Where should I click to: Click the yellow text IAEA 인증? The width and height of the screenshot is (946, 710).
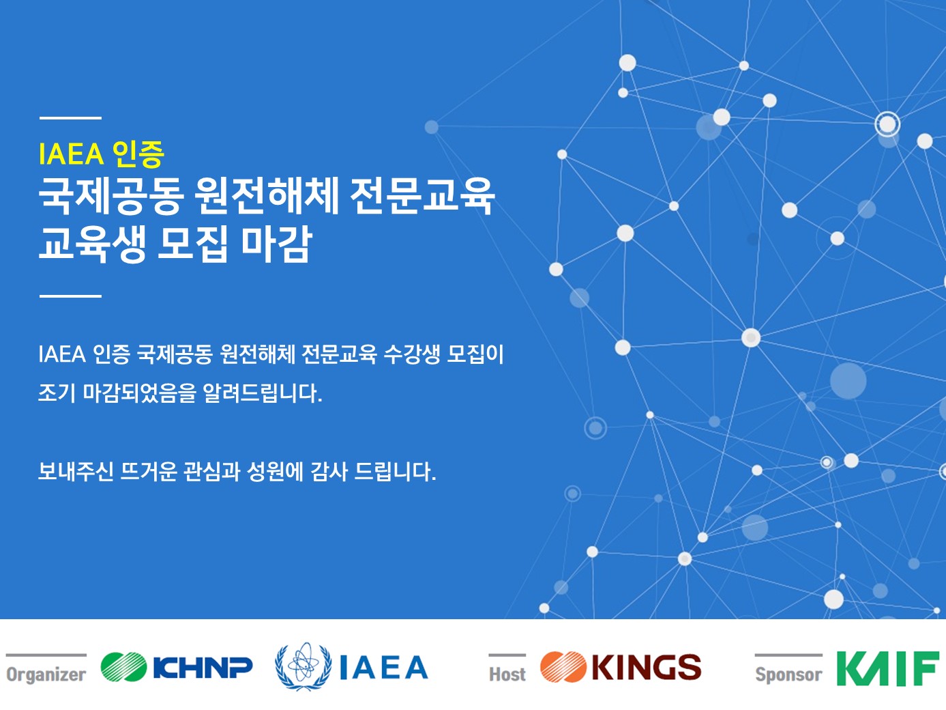tap(102, 154)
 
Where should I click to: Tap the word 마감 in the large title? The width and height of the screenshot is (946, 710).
tap(276, 244)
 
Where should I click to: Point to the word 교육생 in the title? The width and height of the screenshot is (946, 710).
tap(93, 244)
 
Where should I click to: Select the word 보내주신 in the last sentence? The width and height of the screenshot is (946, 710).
tap(76, 471)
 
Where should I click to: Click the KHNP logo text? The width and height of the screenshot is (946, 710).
tap(203, 668)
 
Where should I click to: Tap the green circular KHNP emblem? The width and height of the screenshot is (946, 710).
tap(123, 667)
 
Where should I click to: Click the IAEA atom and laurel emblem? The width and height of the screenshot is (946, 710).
tap(304, 666)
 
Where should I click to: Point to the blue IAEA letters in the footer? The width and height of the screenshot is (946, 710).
tap(383, 668)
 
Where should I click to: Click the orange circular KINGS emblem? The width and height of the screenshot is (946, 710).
tap(563, 667)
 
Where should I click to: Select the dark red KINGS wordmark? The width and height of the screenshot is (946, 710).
tap(647, 667)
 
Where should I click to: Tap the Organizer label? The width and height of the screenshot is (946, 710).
tap(46, 674)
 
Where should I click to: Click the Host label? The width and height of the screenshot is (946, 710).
tap(507, 674)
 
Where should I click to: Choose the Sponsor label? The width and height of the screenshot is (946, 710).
tap(788, 675)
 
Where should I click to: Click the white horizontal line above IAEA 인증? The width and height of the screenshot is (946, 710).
tap(71, 117)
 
